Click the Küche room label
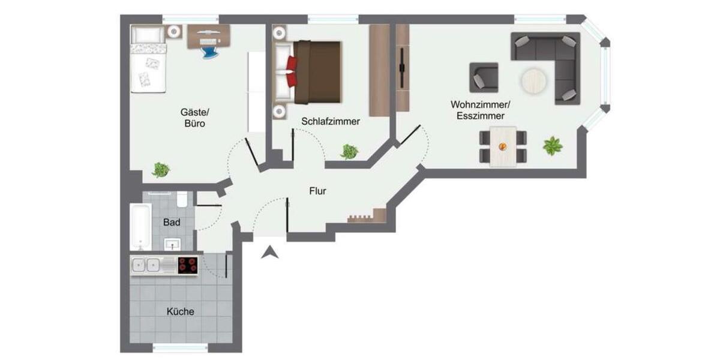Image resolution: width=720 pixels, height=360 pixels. pos(181,311)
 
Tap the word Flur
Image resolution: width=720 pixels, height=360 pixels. pos(317,191)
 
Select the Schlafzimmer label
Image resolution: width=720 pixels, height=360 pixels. pos(331,121)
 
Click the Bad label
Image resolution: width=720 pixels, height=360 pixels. pos(172,222)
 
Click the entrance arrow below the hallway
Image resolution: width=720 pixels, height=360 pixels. pos(271,253)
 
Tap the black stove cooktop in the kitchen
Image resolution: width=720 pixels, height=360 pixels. pos(188,265)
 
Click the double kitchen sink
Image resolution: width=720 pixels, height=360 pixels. pos(146,265)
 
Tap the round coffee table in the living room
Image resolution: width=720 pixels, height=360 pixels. pos(533,81)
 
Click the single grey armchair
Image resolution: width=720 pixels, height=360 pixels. pos(484,77)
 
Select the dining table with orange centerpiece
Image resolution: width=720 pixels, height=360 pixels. pos(503,146)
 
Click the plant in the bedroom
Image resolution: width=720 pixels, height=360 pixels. pos(349,151)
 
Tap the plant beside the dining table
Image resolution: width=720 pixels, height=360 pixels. pos(553,146)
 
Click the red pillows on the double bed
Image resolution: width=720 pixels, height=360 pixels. pos(292,70)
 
